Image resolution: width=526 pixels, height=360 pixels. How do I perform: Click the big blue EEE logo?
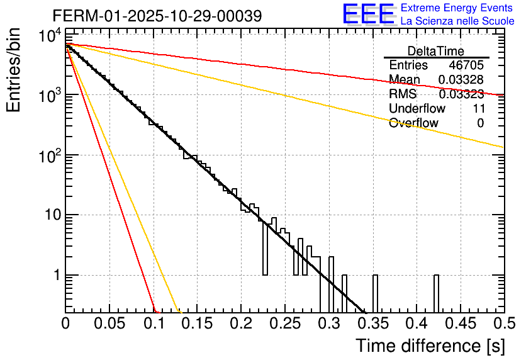coord(368,14)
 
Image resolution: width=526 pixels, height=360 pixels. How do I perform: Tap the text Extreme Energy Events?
coord(456,8)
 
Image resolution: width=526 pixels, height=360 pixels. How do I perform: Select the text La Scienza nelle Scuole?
coord(457,21)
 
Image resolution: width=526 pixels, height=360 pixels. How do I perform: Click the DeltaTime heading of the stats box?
coord(436,51)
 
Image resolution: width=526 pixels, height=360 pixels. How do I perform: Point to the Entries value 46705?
coord(466,65)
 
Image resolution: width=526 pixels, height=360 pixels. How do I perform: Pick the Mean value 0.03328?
coord(461,79)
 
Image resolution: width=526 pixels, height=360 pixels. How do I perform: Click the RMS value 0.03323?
coord(461,94)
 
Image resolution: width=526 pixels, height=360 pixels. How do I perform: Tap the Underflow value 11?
coord(478,109)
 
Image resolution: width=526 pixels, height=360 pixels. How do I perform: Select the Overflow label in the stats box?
coord(413,123)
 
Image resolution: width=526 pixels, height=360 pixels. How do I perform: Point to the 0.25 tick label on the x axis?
coord(285,323)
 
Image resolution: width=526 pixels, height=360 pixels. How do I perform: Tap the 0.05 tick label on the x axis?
coord(109,323)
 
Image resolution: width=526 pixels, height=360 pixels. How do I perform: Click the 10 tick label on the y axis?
coord(48,215)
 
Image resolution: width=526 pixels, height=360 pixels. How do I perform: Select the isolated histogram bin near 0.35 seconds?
coord(376,293)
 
